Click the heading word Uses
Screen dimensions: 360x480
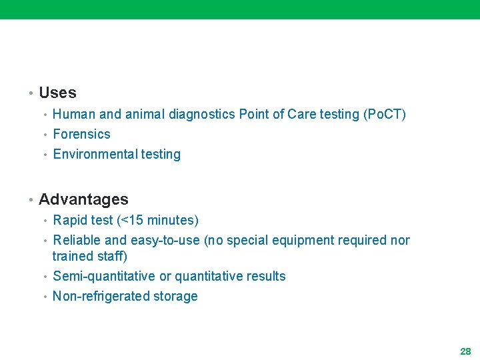click(x=57, y=93)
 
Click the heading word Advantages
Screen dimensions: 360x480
click(x=83, y=199)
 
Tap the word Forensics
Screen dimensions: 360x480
click(x=81, y=134)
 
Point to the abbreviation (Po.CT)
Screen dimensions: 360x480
click(x=384, y=114)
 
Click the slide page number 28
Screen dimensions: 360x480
click(x=465, y=351)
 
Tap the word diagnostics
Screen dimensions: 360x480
click(x=202, y=114)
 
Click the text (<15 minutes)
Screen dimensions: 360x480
click(x=157, y=220)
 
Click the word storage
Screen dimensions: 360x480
click(x=176, y=296)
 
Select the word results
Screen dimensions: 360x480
click(x=264, y=276)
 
